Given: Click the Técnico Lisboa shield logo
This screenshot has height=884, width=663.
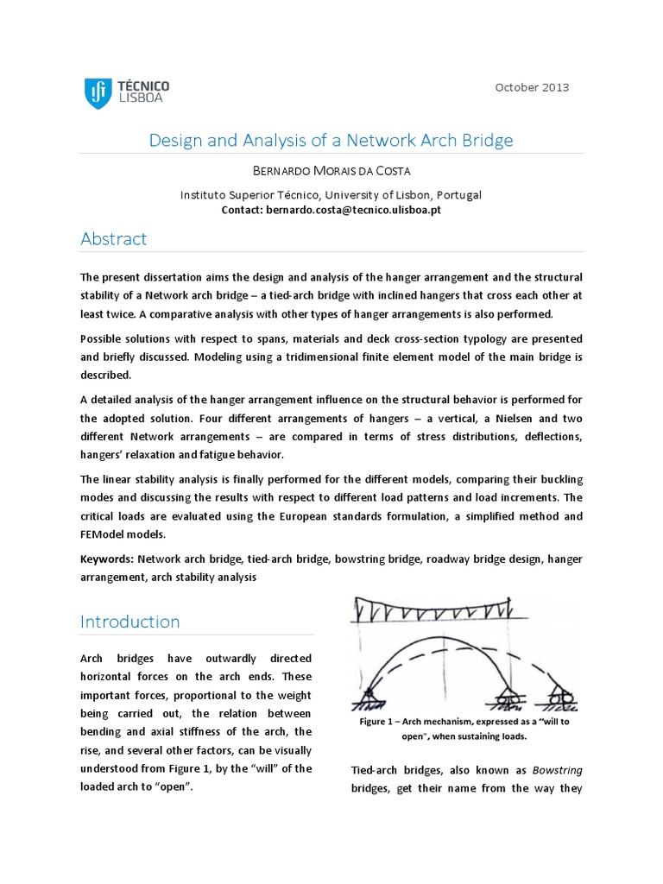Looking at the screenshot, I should click(x=98, y=92).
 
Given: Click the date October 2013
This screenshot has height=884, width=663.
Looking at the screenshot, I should click(x=532, y=87).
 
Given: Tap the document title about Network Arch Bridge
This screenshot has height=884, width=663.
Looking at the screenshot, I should click(x=331, y=140).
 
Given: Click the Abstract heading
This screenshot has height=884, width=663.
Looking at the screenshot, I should click(x=114, y=239).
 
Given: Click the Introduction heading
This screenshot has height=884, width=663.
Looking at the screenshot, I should click(x=130, y=622).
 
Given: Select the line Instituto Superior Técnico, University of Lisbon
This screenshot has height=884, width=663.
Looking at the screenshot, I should click(x=331, y=195).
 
